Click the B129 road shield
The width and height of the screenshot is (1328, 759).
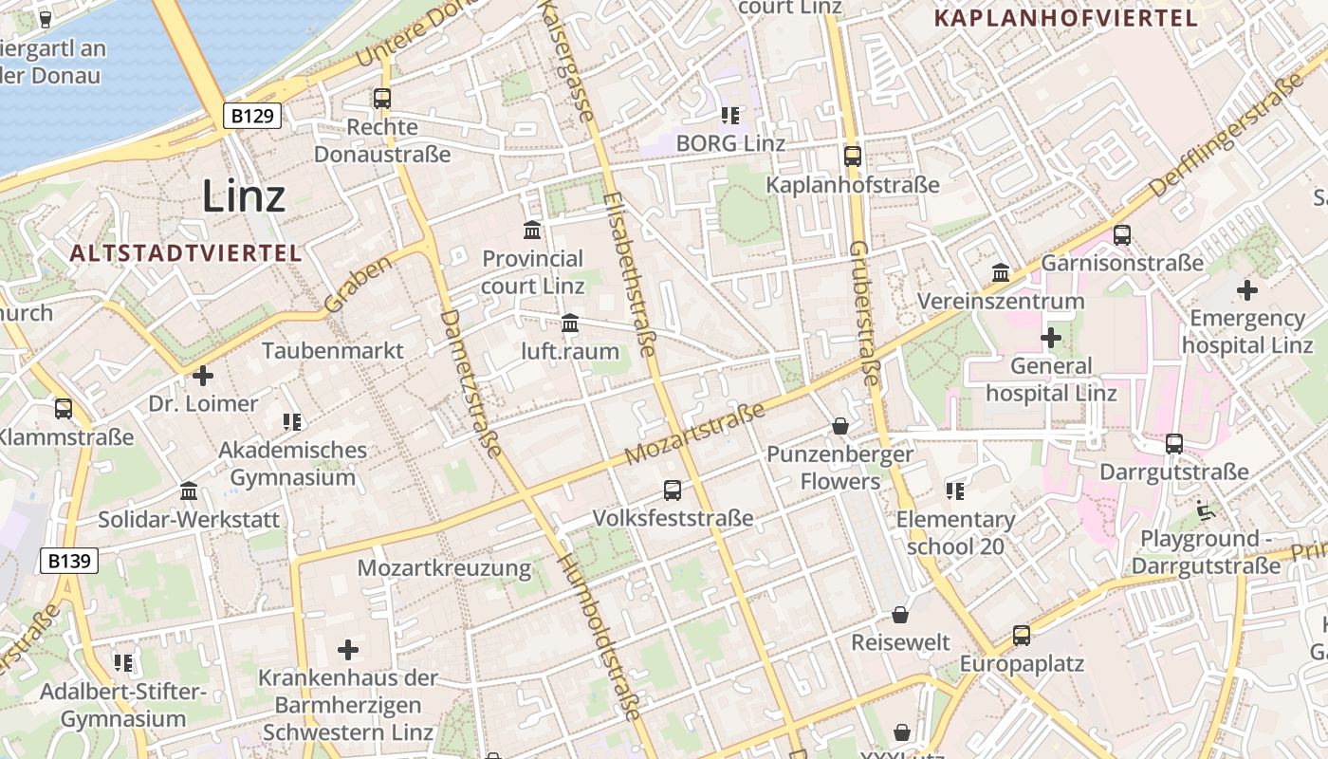252,116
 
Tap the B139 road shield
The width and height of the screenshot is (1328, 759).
69,561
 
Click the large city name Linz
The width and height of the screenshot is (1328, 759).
244,196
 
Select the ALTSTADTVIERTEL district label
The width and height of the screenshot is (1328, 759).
186,253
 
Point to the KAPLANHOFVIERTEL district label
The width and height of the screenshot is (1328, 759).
1065,17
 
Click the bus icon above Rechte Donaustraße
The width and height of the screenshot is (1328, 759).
382,98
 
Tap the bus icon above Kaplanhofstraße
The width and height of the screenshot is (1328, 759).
853,157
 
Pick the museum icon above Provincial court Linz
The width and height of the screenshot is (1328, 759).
532,230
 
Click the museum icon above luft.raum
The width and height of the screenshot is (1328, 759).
570,324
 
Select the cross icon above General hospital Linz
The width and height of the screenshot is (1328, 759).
1051,337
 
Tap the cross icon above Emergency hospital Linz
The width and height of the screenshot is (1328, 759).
1247,290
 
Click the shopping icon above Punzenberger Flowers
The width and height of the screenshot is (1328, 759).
839,426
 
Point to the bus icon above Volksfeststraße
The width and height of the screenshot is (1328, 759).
673,490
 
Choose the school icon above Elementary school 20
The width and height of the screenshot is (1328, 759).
955,491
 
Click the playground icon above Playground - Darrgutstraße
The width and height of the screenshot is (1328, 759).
1206,510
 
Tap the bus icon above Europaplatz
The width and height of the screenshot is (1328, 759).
1022,635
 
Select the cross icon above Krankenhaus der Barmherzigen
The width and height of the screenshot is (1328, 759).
348,650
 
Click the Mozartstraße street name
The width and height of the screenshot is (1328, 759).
695,435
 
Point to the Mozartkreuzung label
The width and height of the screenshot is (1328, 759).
444,568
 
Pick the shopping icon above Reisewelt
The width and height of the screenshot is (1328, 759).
900,615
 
